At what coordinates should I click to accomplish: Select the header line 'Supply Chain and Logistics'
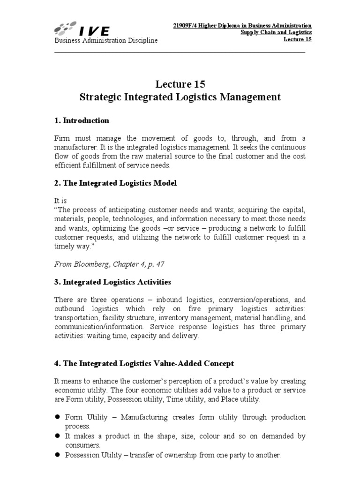(276, 32)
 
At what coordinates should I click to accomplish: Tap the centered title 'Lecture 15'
(180, 84)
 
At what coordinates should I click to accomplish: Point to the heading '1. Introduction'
(82, 120)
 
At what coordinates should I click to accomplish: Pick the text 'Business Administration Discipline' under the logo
(106, 41)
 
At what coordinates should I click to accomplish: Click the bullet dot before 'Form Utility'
(58, 417)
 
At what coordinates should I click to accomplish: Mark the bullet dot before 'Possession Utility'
(58, 455)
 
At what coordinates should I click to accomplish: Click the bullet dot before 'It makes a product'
(58, 436)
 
